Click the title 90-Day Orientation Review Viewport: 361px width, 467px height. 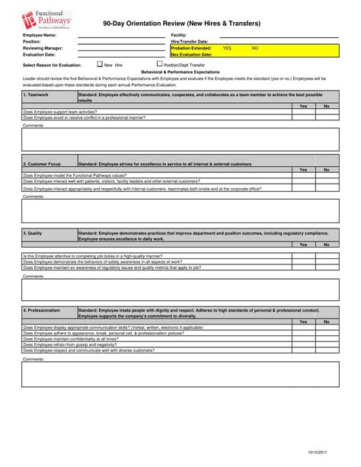coord(180,24)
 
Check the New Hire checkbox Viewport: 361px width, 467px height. coord(99,65)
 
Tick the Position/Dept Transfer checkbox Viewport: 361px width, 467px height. coord(158,65)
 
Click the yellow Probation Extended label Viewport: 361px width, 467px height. coord(191,48)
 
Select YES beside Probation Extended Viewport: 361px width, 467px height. coord(227,48)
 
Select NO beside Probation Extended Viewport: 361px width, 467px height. coord(255,48)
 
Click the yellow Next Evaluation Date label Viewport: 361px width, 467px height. coord(191,55)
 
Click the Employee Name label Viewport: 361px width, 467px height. coord(40,35)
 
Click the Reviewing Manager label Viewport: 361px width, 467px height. coord(43,48)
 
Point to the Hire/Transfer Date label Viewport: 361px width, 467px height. coord(190,41)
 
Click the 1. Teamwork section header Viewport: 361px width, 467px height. coord(36,94)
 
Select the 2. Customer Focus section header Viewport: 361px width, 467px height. coord(42,164)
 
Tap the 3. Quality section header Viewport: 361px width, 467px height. coord(34,233)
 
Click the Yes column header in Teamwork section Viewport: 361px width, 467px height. coord(303,106)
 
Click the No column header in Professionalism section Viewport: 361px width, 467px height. coord(327,321)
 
